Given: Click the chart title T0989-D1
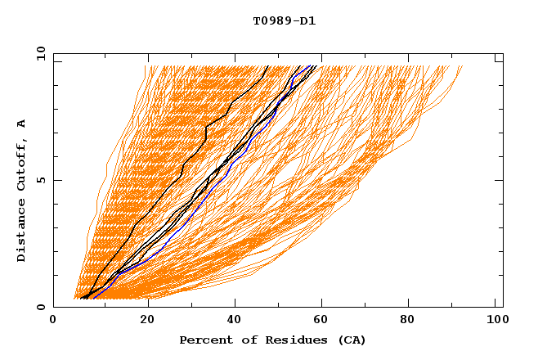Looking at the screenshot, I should point(284,21).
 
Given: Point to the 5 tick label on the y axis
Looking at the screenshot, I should point(39,180).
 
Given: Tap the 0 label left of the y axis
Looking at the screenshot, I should point(39,307).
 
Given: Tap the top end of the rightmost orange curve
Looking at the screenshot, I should point(462,66).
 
